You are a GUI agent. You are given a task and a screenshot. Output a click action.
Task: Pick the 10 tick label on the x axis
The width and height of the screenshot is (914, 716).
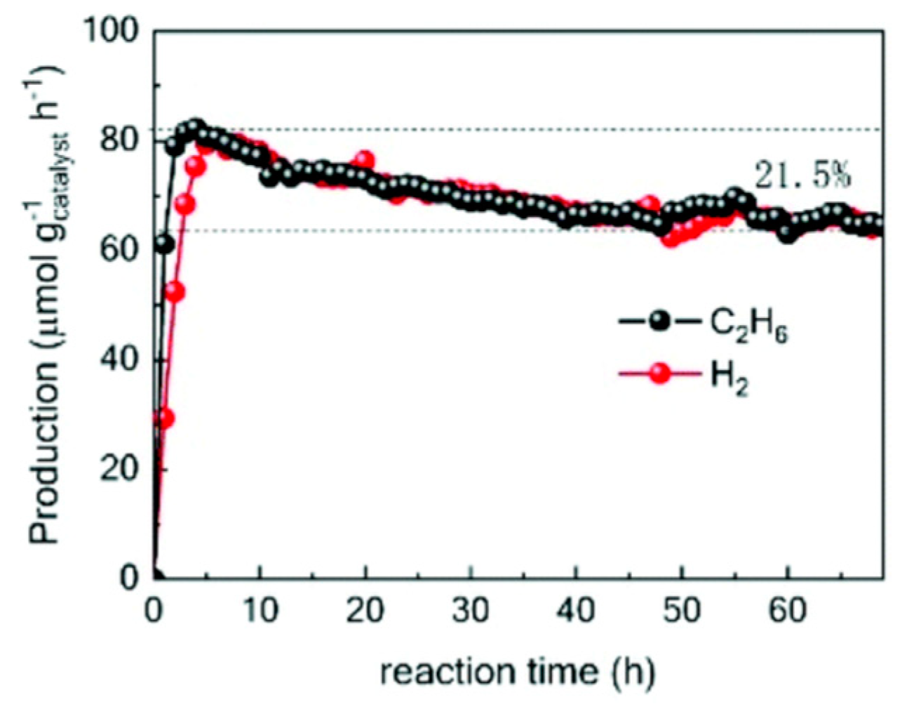pyautogui.click(x=260, y=611)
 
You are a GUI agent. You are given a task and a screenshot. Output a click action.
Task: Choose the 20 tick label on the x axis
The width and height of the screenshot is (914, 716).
pyautogui.click(x=365, y=611)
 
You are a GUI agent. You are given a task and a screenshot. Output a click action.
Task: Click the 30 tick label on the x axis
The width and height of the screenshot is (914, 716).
pyautogui.click(x=471, y=611)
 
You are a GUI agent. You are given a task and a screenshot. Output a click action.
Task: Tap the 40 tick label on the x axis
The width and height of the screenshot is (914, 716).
pyautogui.click(x=576, y=611)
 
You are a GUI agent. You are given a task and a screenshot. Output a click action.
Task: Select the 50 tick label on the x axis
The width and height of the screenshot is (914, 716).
pyautogui.click(x=682, y=611)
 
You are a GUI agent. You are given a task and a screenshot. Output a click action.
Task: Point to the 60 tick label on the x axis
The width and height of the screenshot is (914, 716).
pyautogui.click(x=787, y=611)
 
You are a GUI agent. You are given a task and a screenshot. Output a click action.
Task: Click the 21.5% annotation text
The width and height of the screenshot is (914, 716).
pyautogui.click(x=802, y=176)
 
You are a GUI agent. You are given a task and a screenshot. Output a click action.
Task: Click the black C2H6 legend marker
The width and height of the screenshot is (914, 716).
pyautogui.click(x=660, y=322)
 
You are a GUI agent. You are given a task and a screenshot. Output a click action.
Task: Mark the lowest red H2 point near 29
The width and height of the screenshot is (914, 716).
pyautogui.click(x=165, y=418)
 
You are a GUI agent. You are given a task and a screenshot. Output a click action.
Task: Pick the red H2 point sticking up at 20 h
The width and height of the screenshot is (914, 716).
pyautogui.click(x=365, y=159)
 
